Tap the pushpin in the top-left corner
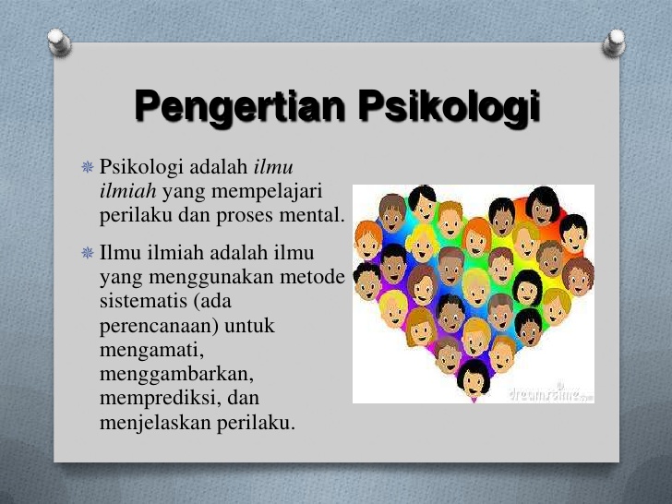click(x=58, y=41)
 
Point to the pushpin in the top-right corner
click(x=614, y=41)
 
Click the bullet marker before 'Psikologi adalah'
click(x=88, y=168)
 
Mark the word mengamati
click(x=150, y=352)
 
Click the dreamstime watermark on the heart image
click(x=550, y=393)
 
